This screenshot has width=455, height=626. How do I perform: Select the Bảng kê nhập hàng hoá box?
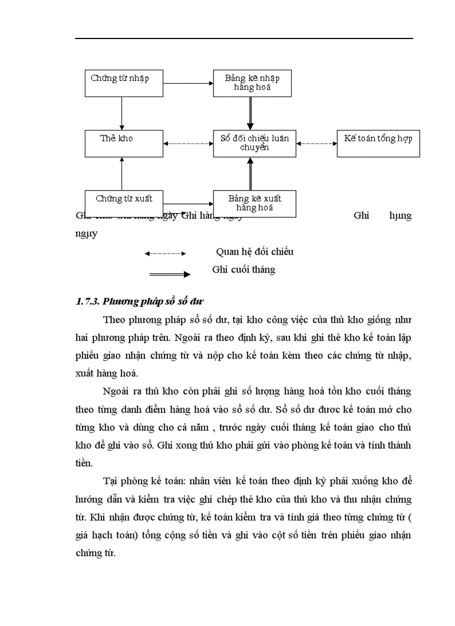254,83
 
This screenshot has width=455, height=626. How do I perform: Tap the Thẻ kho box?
123,143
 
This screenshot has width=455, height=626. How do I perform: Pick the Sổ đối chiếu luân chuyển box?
254,143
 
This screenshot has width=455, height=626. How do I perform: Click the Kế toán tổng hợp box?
378,143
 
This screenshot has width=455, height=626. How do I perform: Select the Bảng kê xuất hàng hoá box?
254,203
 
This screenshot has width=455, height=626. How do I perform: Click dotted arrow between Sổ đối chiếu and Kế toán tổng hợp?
316,143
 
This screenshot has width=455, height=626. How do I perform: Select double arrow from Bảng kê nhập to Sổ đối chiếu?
251,113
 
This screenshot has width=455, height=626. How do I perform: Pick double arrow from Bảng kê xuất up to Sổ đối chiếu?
251,173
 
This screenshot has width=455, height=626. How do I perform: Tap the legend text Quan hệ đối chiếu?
254,252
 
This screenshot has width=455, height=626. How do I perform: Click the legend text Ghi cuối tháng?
244,270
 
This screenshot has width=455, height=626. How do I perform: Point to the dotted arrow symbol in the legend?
165,254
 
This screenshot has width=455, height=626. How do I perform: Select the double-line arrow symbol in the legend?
170,274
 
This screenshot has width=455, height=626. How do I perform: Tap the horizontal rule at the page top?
244,38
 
